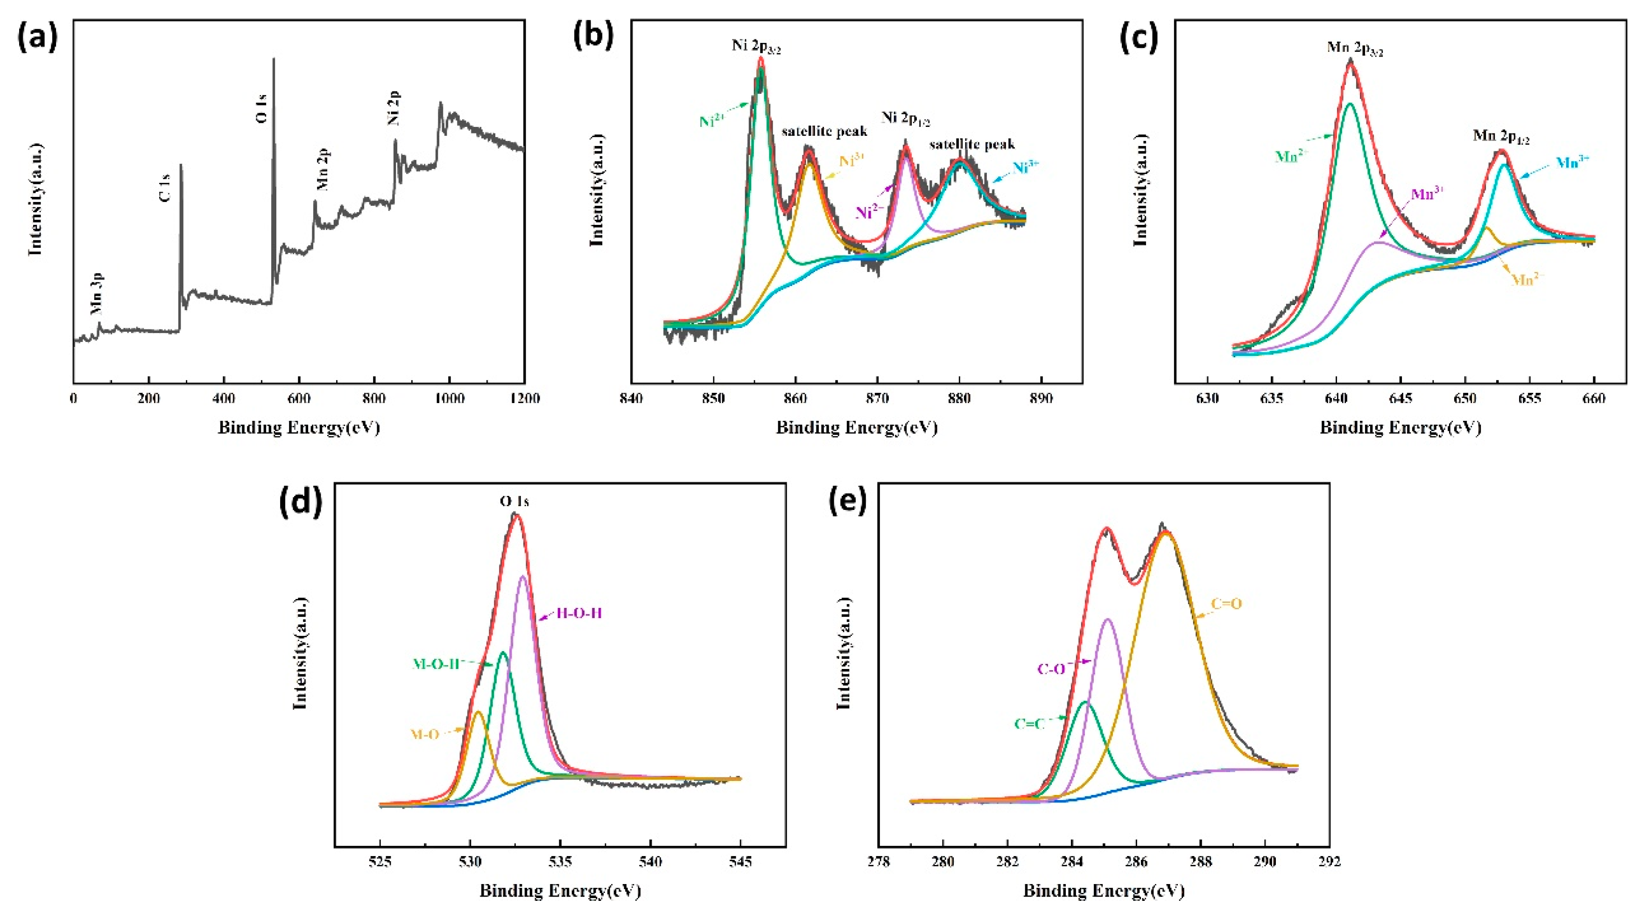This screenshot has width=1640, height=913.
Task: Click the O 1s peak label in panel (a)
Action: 261,108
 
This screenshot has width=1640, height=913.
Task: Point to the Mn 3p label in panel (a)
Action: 97,293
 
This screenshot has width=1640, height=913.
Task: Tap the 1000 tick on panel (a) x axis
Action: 450,399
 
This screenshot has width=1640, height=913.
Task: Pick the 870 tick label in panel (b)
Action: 877,399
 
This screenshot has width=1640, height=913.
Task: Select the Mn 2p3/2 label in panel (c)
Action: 1355,49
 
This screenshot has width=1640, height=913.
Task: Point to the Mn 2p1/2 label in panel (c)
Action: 1500,137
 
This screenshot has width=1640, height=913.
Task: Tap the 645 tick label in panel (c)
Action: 1401,399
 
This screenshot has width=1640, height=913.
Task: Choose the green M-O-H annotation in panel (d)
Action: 437,664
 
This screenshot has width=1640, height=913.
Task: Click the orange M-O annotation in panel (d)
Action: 425,734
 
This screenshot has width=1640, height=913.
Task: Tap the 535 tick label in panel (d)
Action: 560,862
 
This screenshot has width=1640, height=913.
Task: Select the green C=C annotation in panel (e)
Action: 1029,724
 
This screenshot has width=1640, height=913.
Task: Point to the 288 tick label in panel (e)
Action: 1201,862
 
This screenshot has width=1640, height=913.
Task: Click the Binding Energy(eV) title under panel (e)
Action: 1103,891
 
